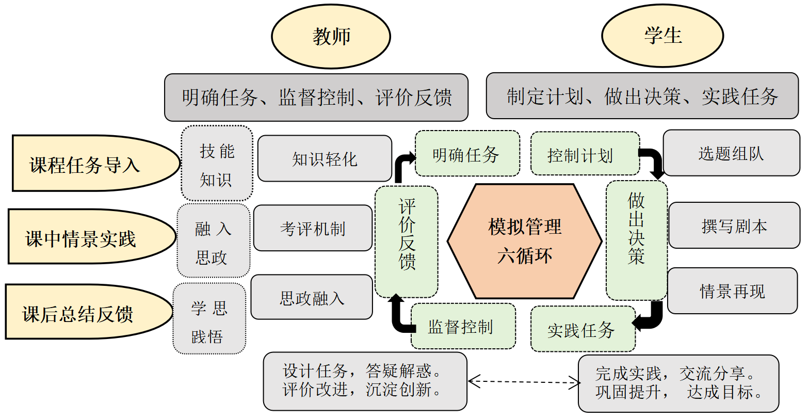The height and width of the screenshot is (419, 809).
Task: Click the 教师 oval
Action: [331, 36]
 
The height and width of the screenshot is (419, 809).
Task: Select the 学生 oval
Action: [662, 36]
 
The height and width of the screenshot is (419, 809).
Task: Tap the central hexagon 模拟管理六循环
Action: [524, 241]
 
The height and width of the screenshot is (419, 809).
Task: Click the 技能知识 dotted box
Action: [217, 164]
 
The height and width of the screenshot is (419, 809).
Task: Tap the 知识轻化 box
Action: [325, 159]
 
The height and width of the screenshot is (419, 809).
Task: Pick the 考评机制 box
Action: [313, 228]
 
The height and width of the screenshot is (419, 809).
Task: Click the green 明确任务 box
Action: [467, 154]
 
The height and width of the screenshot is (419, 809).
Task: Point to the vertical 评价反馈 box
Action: [407, 241]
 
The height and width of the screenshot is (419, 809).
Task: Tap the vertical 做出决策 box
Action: [636, 240]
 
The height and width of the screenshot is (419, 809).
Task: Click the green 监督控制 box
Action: [463, 326]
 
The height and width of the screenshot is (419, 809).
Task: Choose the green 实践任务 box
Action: [583, 329]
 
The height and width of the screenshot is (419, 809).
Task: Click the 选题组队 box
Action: [731, 153]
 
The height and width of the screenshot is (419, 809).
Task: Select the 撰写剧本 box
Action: [734, 225]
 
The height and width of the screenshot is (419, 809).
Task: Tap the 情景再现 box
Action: [732, 291]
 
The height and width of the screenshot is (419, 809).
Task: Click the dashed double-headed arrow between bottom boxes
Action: [524, 382]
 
